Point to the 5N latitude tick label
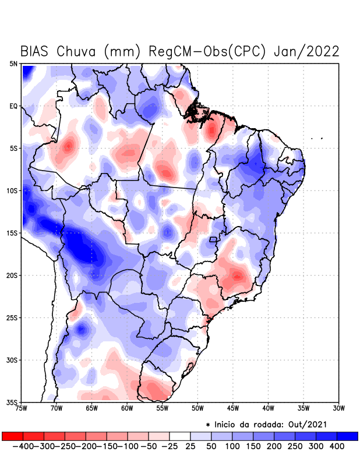point(13,63)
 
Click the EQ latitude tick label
point(13,106)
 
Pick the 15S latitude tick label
point(12,233)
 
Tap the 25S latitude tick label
point(12,317)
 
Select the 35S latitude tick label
point(12,402)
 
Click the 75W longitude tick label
point(22,408)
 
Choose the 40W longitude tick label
point(269,408)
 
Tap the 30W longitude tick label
point(339,408)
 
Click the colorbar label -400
point(21,446)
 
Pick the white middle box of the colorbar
point(180,436)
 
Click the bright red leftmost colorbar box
point(12,436)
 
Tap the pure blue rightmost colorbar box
point(348,436)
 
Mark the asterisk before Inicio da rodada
point(208,424)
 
